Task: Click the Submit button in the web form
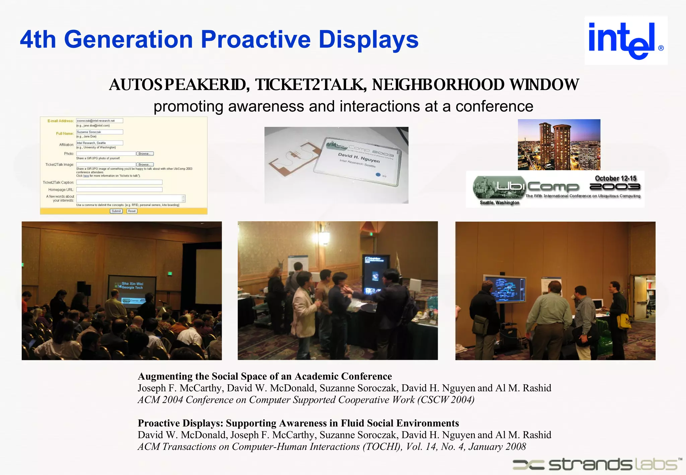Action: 116,211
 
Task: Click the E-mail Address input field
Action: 99,121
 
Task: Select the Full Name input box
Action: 99,132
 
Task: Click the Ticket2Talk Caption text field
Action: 119,182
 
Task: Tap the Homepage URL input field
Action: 119,190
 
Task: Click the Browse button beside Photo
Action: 145,154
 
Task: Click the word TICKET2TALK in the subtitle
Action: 310,85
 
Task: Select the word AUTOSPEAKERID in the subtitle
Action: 179,85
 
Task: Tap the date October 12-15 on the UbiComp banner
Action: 615,178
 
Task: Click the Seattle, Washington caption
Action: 499,203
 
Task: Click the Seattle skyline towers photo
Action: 559,145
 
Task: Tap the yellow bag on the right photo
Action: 623,321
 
